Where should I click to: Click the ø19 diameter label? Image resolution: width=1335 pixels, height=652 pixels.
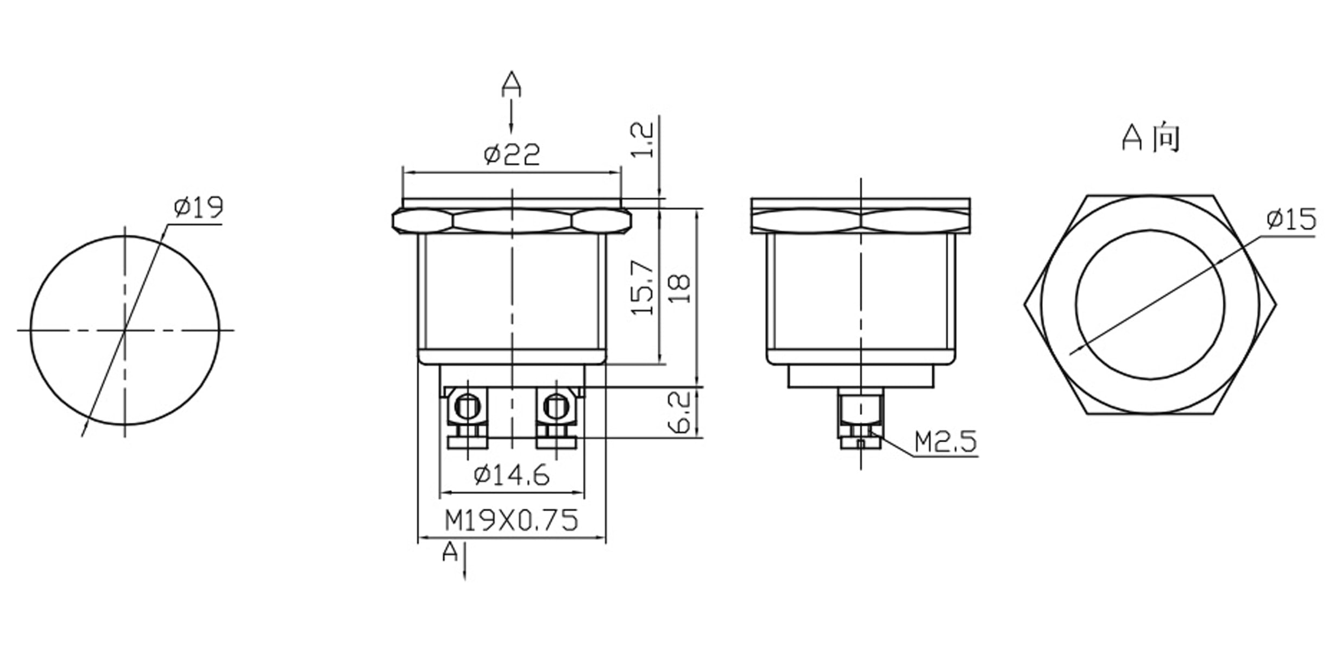[x=199, y=207]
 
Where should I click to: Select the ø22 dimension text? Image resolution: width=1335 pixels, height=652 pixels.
[x=512, y=155]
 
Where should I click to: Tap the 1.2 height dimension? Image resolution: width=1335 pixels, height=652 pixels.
[x=643, y=140]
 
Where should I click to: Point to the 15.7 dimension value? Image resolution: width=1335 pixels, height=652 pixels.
[x=643, y=287]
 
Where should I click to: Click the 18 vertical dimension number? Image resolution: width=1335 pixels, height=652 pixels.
[x=679, y=289]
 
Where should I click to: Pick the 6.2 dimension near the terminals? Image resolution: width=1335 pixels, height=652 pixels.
[x=679, y=412]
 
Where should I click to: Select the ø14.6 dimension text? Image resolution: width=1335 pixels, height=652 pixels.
[x=512, y=475]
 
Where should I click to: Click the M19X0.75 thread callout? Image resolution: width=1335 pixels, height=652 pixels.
[x=512, y=521]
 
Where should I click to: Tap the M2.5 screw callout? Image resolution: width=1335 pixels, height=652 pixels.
[x=946, y=442]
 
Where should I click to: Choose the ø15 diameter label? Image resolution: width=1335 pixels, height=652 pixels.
[x=1291, y=219]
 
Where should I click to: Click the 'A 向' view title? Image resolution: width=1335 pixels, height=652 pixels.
[x=1151, y=137]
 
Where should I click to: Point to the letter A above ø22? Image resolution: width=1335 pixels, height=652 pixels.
[x=511, y=84]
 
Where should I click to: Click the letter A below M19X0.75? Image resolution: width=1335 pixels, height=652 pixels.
[x=450, y=553]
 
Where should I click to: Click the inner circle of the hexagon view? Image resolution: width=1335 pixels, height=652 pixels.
[x=1150, y=304]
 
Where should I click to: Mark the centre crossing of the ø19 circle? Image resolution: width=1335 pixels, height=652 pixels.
[x=125, y=329]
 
